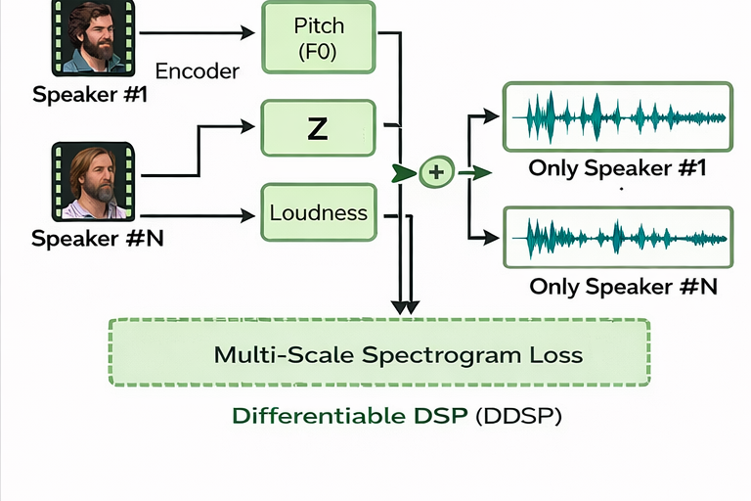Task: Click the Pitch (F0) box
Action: (317, 36)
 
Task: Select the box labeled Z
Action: (317, 127)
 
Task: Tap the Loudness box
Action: (317, 212)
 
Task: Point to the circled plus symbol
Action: (436, 173)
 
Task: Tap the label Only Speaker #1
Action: (616, 168)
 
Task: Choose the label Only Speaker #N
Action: (623, 287)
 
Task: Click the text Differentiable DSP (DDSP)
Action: (397, 415)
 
